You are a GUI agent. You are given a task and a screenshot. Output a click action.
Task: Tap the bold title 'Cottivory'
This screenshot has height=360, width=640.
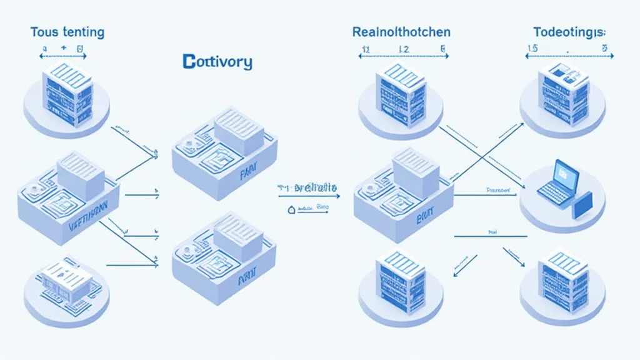(217, 62)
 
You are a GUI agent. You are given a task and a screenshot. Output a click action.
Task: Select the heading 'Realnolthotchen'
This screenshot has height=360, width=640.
(401, 31)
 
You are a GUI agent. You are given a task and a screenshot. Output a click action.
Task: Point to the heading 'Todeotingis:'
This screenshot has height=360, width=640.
(569, 31)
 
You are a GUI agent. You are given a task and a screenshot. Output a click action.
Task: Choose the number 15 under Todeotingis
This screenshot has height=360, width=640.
(532, 47)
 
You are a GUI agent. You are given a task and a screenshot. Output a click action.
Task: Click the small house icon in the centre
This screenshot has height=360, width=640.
(291, 211)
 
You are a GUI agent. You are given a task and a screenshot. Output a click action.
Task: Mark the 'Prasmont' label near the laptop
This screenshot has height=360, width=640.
(498, 188)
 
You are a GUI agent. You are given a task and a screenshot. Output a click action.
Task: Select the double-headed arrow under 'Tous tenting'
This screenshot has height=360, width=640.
(63, 56)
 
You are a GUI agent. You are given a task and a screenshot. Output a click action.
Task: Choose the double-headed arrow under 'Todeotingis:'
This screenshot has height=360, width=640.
(567, 56)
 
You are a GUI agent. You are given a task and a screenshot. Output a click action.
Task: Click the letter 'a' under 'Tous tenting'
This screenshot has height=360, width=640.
(44, 47)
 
